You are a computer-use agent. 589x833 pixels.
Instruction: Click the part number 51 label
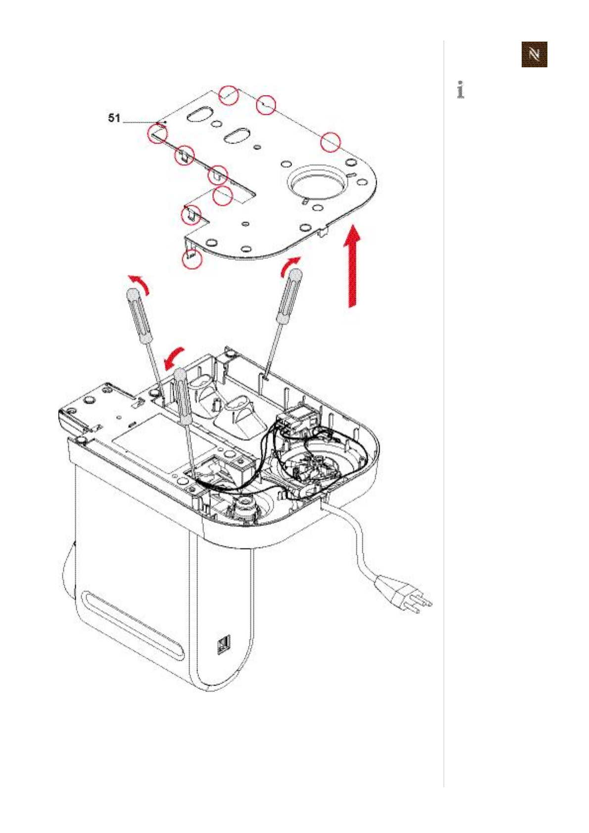tap(114, 118)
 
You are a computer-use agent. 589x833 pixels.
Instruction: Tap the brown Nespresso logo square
tap(534, 54)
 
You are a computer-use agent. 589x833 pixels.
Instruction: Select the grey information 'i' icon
tap(461, 90)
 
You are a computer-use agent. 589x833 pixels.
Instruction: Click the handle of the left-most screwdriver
tap(139, 317)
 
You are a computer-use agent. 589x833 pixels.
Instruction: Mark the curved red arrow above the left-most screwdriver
tap(139, 284)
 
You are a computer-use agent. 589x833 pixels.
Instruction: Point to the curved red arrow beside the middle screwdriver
tap(174, 356)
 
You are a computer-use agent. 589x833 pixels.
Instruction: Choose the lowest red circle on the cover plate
tap(193, 258)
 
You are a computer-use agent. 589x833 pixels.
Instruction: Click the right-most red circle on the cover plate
tap(330, 142)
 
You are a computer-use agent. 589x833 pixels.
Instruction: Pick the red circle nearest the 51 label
tap(158, 133)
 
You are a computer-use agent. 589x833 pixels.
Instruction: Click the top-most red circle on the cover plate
tap(229, 95)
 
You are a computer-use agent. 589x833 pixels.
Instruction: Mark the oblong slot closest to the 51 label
tap(199, 114)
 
